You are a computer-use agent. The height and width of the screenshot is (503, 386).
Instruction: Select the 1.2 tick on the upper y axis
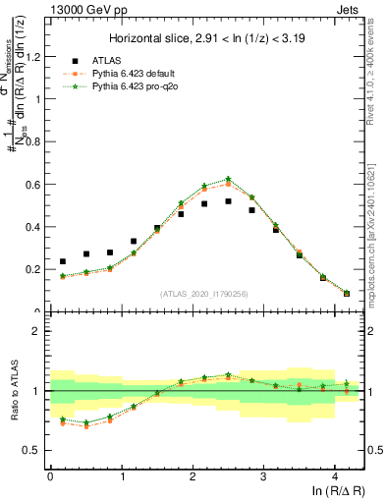[x=35, y=56]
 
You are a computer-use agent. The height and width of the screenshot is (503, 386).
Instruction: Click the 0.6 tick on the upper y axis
[x=35, y=184]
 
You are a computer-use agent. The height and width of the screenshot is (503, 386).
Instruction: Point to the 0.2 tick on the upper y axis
[x=35, y=268]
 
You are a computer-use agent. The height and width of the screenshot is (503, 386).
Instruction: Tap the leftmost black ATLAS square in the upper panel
[x=63, y=261]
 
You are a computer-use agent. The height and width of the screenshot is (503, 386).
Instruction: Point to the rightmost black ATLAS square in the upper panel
[x=347, y=293]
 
